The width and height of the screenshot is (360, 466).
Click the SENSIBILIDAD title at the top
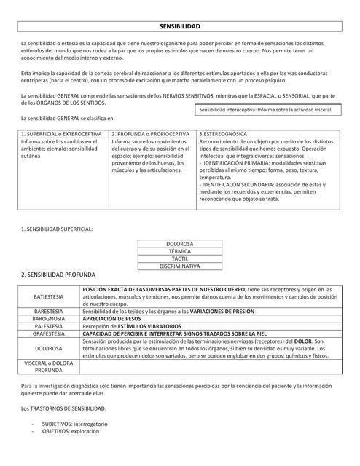pyautogui.click(x=179, y=25)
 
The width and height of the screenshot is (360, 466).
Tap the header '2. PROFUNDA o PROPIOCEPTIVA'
pyautogui.click(x=152, y=135)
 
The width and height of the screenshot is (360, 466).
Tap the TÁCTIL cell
pyautogui.click(x=179, y=260)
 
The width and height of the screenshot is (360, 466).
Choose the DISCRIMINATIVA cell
pyautogui.click(x=179, y=267)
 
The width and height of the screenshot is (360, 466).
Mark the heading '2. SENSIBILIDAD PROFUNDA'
pyautogui.click(x=58, y=277)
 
